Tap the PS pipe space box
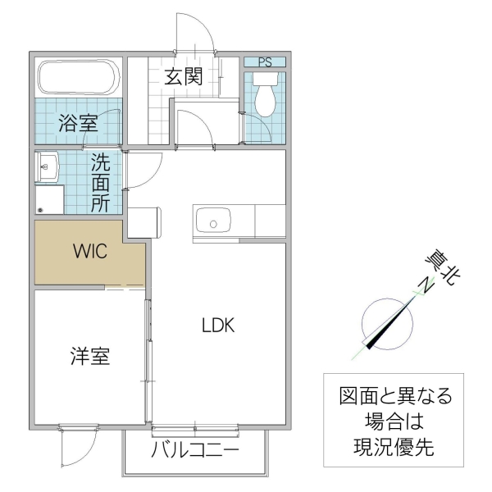click(x=264, y=61)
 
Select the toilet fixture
click(x=264, y=94)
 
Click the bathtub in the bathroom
click(x=80, y=79)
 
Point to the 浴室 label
click(x=78, y=124)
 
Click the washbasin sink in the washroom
click(x=46, y=169)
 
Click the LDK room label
click(x=219, y=325)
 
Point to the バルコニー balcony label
click(x=195, y=452)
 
